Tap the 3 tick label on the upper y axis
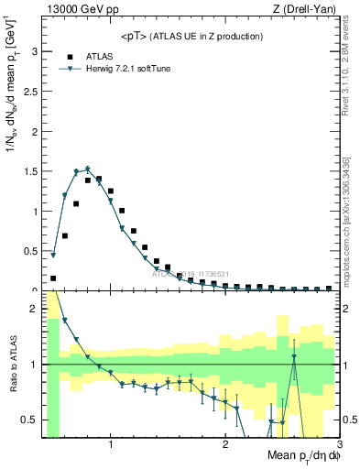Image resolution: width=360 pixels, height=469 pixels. click(35, 52)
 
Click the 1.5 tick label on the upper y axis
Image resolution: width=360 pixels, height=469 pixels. click(31, 171)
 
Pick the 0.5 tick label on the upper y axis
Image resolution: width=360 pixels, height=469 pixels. click(31, 251)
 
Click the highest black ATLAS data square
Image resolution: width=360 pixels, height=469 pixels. click(99, 179)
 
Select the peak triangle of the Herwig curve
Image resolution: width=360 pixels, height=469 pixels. click(88, 169)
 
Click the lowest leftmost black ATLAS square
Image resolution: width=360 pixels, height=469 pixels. click(53, 278)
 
